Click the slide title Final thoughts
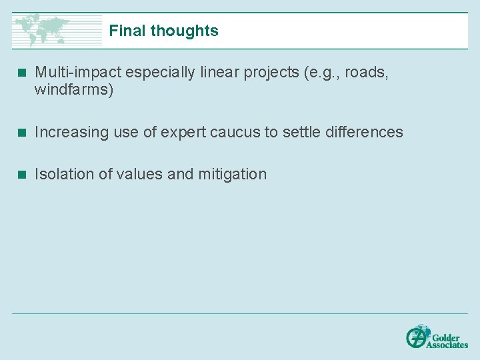click(163, 31)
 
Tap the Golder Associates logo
click(437, 336)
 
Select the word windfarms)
click(74, 90)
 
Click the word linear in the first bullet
click(218, 73)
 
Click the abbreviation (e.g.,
click(321, 73)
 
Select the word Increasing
click(71, 132)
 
